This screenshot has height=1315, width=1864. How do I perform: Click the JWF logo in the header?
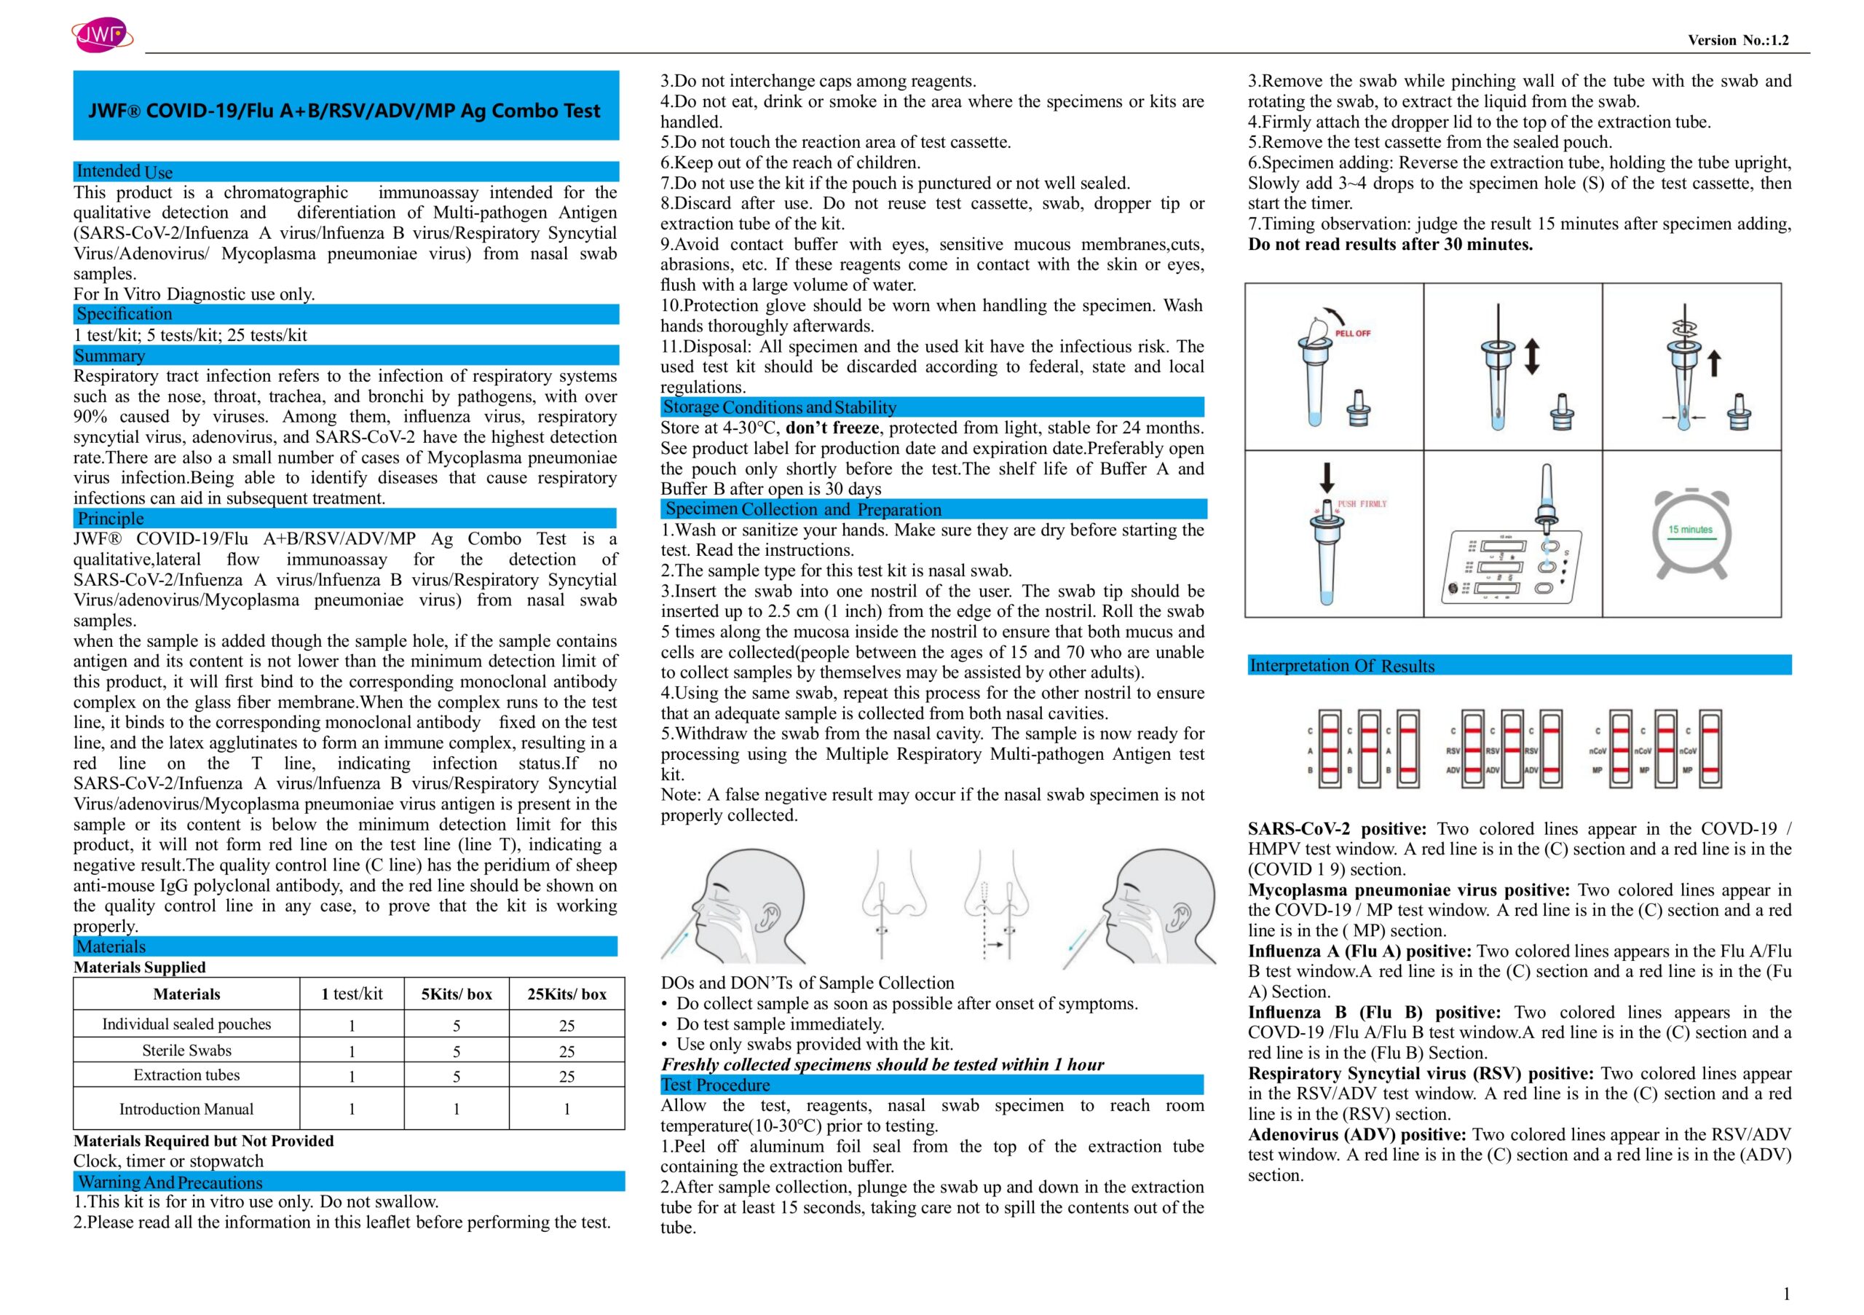coord(102,35)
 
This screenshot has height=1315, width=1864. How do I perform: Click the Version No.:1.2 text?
coord(1737,41)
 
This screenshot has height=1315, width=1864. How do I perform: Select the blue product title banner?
coord(345,106)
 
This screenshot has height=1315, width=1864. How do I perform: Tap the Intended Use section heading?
coord(125,171)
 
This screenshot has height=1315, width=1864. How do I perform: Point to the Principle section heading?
coord(111,519)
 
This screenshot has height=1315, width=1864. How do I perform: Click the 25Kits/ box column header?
coord(566,994)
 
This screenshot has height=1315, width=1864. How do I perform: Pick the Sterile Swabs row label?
coord(186,1051)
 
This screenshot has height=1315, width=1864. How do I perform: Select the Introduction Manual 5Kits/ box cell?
coord(457,1109)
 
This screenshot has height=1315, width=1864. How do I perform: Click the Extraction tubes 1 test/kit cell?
coord(352,1076)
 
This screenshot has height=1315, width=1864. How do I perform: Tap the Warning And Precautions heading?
coord(170,1182)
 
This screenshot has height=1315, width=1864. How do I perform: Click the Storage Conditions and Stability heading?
coord(779,407)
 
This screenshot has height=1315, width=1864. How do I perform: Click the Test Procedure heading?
coord(715,1085)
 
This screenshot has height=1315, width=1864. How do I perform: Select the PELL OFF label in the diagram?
coord(1353,333)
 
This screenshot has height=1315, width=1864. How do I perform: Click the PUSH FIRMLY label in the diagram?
coord(1362,504)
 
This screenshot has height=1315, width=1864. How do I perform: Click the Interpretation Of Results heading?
coord(1341,666)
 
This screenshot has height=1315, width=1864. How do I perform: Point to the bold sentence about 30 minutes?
coord(1390,245)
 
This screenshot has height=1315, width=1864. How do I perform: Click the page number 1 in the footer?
coord(1786,1294)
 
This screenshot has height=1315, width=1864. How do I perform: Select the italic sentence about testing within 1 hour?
coord(882,1065)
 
